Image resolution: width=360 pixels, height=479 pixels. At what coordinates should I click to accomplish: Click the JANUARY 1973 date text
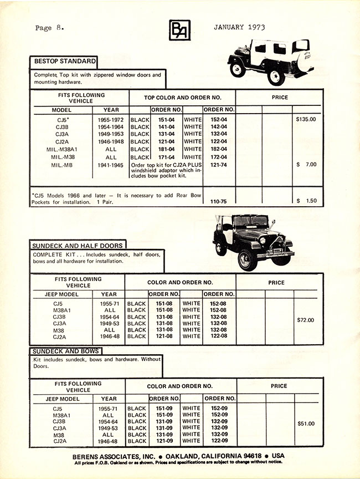[238, 27]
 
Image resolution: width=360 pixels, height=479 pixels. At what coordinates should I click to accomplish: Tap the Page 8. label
[49, 28]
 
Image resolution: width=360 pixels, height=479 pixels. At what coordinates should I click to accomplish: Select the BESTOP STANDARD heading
[64, 61]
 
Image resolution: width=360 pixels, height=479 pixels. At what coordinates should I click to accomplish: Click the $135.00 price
[306, 119]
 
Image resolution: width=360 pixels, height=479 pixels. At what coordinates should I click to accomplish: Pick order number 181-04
[166, 149]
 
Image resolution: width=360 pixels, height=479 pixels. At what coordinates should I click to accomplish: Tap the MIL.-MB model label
[62, 165]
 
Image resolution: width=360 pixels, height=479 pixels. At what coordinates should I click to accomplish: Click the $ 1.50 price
[306, 201]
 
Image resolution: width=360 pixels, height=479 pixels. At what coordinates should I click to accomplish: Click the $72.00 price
[305, 320]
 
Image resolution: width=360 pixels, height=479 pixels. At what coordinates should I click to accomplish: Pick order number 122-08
[216, 336]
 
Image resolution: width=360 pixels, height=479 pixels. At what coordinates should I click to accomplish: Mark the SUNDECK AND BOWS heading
[66, 351]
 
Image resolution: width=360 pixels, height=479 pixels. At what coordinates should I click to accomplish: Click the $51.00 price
[305, 424]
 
